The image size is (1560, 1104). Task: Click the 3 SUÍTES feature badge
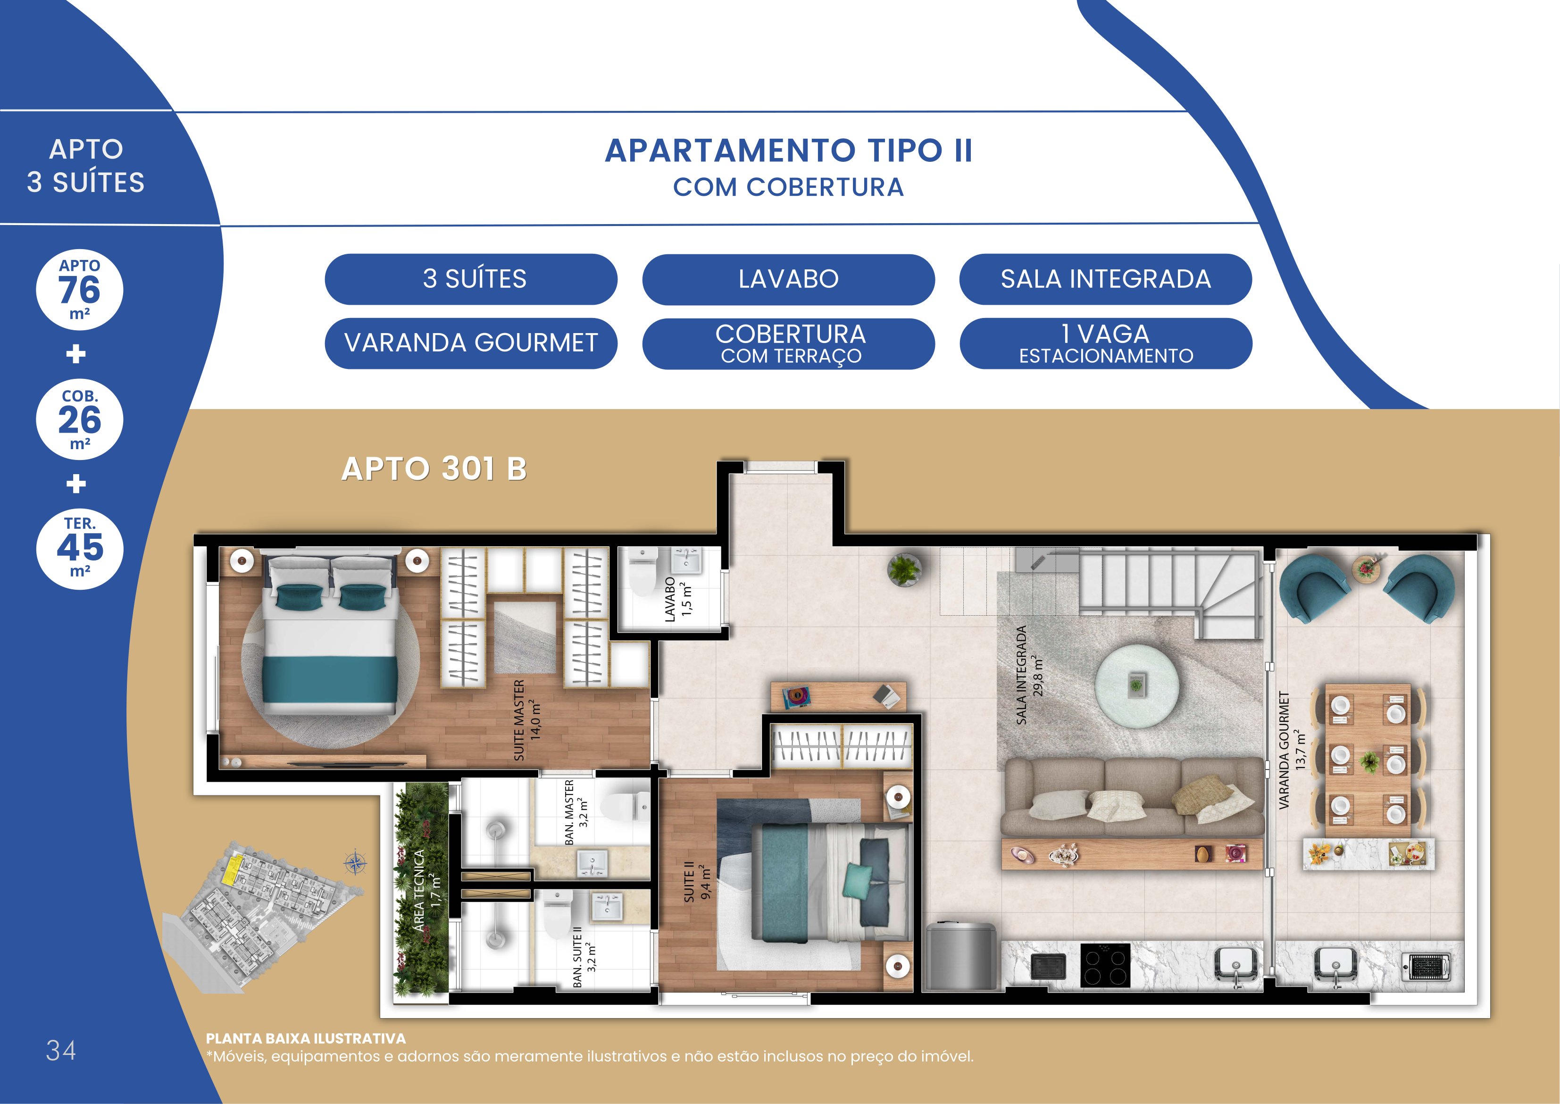[471, 279]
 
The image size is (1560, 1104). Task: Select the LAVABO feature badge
[789, 279]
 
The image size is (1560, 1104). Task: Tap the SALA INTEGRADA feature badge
[1106, 279]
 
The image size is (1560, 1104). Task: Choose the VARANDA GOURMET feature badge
[471, 343]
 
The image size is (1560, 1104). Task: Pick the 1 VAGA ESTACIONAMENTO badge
[1106, 343]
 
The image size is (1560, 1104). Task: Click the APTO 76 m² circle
[80, 290]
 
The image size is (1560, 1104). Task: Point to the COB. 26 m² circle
[80, 419]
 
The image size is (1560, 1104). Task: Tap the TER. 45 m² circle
[80, 548]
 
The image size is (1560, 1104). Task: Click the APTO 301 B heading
[434, 468]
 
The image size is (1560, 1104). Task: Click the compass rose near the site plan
[355, 864]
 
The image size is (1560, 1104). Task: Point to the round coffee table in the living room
[1136, 686]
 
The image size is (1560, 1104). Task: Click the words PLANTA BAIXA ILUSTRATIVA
[306, 1039]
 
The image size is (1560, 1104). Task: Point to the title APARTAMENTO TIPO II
[789, 150]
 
